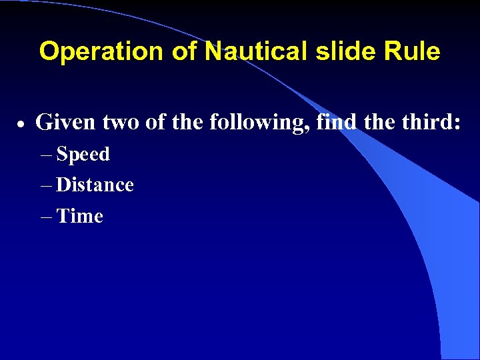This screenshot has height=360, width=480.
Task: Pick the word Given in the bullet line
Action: click(63, 123)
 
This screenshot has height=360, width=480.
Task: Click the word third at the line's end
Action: click(431, 123)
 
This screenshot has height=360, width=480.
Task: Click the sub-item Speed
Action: click(83, 155)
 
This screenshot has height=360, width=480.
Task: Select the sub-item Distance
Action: click(95, 185)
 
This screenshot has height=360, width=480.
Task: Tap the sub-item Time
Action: click(80, 216)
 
